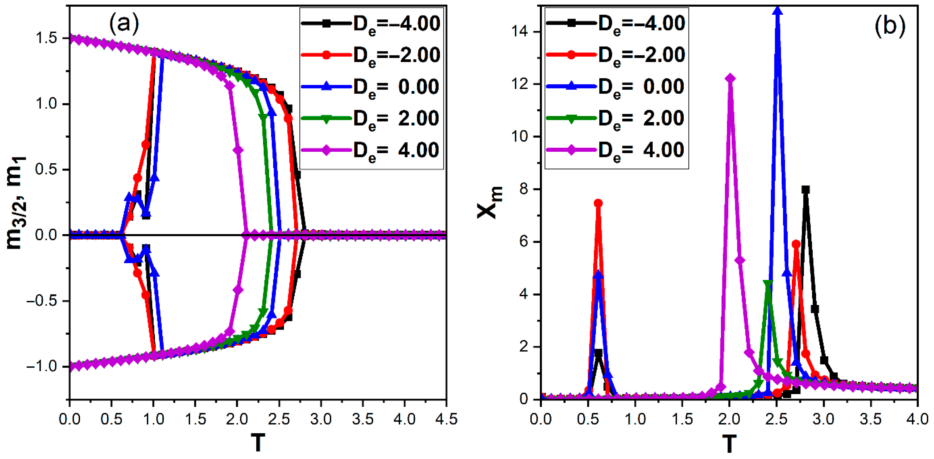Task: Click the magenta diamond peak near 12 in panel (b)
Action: click(x=730, y=79)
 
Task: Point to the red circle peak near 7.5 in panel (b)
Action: click(x=598, y=203)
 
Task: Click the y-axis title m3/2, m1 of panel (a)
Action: click(x=16, y=203)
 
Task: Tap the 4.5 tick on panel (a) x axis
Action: click(x=446, y=419)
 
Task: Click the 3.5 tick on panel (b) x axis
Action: click(x=870, y=419)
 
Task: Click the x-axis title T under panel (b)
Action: click(x=729, y=443)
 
